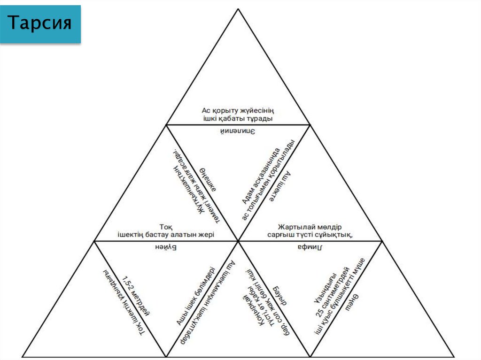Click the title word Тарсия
(x=40, y=23)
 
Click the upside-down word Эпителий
(x=238, y=131)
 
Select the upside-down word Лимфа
(x=310, y=247)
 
